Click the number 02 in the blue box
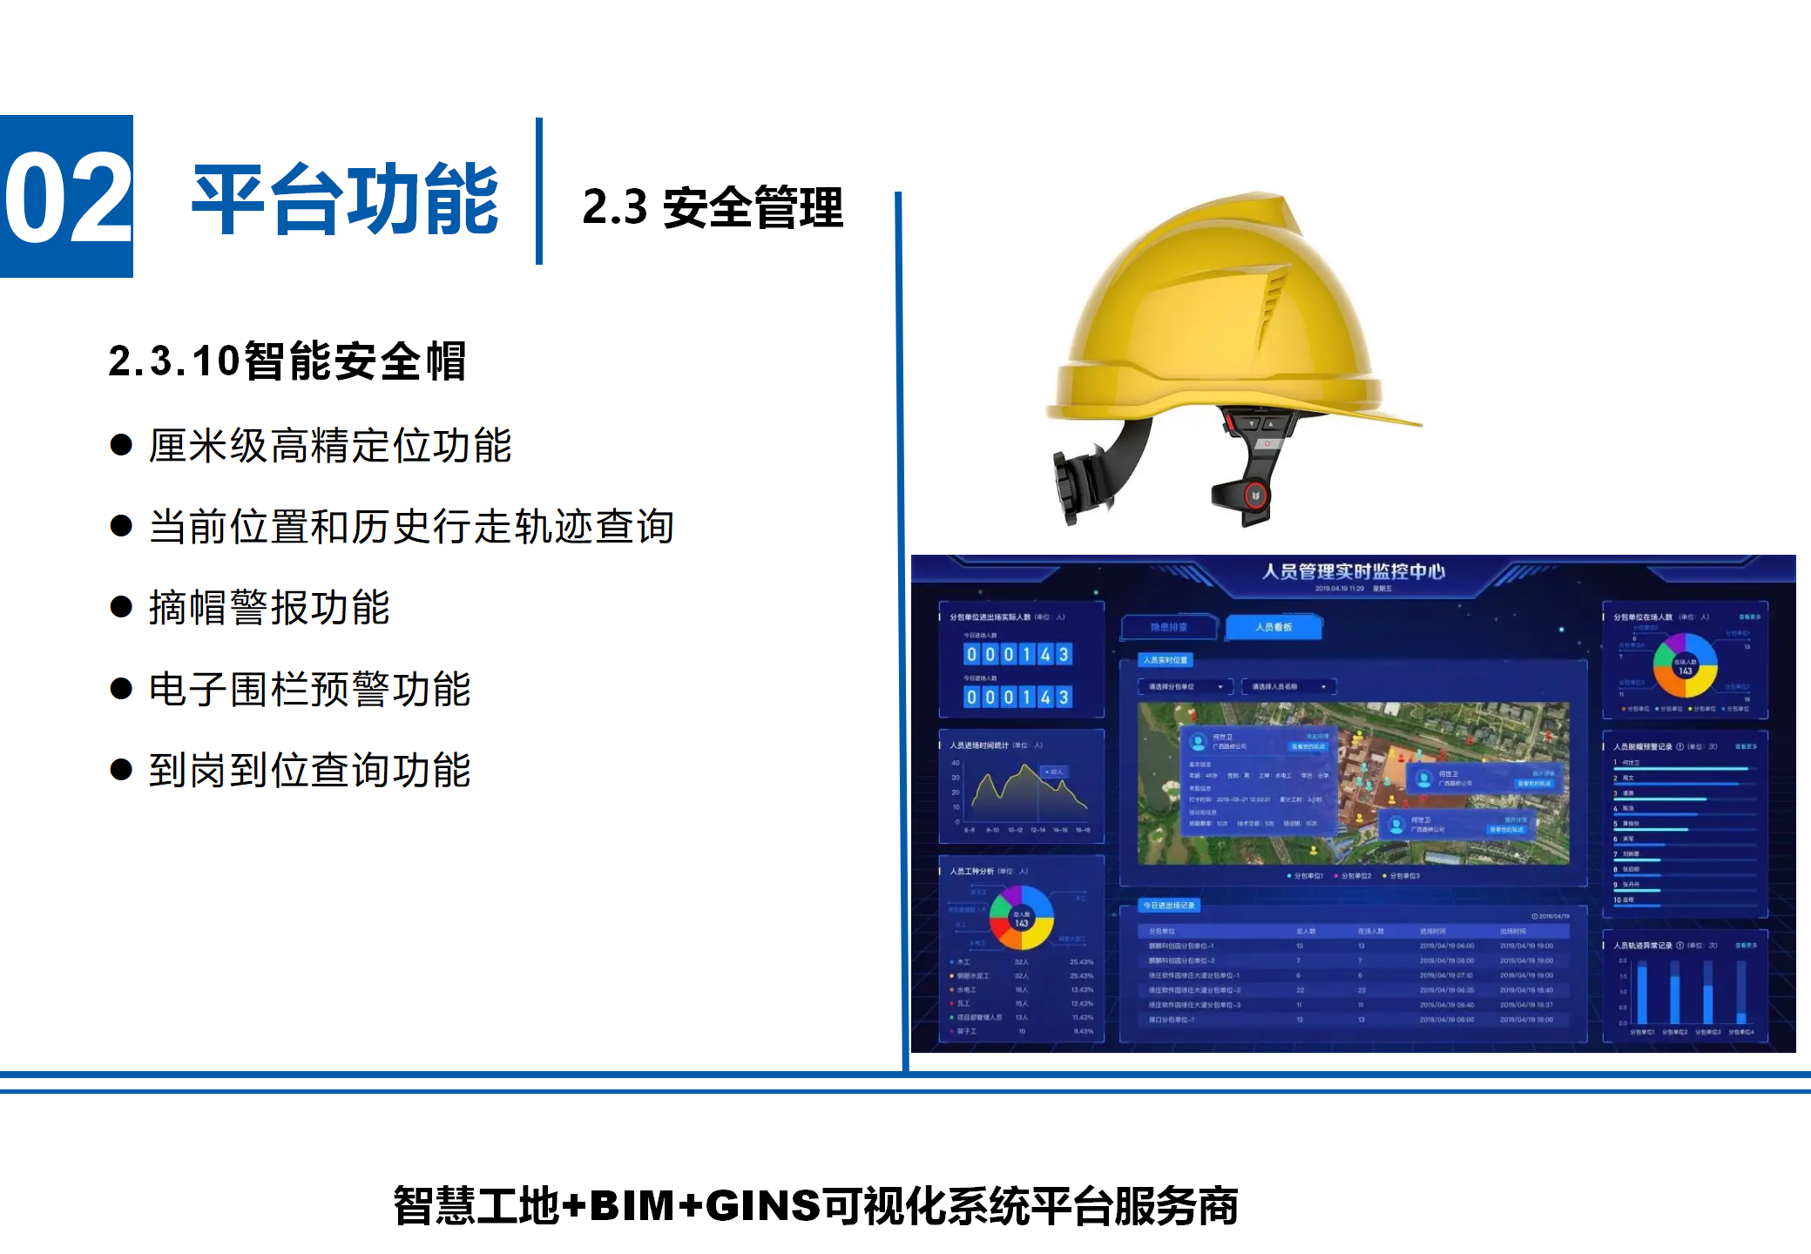[67, 197]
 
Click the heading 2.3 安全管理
[713, 207]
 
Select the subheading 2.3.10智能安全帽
[287, 361]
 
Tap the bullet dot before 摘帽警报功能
[121, 607]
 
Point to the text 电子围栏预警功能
[309, 689]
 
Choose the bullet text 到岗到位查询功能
[309, 770]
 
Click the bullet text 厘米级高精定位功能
[329, 446]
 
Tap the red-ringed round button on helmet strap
[1255, 496]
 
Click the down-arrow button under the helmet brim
[1252, 424]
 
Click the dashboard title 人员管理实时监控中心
[1353, 571]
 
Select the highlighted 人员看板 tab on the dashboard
[1273, 627]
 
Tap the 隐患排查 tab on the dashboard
[1168, 627]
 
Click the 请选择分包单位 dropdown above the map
[1185, 687]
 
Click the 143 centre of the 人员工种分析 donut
[1021, 919]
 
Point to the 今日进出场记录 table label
[1169, 906]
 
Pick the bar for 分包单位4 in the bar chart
[1740, 993]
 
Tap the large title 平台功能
[345, 199]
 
